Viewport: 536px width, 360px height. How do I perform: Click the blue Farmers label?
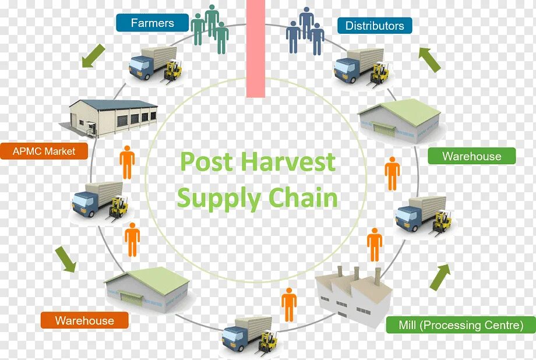point(152,23)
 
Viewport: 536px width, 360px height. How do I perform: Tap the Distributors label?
point(374,26)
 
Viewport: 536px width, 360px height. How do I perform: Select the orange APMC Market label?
point(44,151)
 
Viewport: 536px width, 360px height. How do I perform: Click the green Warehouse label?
point(471,156)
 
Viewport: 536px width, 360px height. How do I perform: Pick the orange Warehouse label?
point(84,320)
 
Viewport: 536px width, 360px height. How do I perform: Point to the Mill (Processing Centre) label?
point(460,325)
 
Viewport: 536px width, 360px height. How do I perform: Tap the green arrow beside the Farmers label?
point(93,56)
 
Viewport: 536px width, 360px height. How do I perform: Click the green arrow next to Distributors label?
point(430,59)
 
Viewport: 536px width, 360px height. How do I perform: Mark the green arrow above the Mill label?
point(440,277)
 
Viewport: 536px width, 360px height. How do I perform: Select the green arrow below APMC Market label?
point(66,259)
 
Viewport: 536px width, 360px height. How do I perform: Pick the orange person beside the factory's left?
point(289,304)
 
